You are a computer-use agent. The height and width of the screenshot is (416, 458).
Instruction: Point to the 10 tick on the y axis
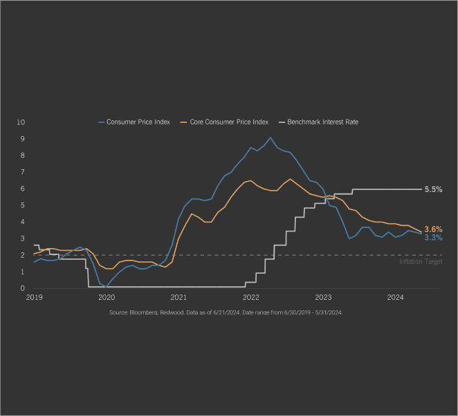click(x=21, y=122)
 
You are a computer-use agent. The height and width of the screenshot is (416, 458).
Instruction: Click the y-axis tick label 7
click(x=22, y=172)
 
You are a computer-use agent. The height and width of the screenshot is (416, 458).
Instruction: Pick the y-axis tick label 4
click(x=22, y=222)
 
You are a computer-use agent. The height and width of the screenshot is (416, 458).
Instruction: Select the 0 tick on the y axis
click(x=22, y=288)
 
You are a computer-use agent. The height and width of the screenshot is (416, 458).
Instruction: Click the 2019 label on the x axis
click(x=34, y=298)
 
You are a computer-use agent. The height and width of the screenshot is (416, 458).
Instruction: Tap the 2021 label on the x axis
click(x=178, y=298)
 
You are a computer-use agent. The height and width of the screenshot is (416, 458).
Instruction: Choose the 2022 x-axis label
click(x=250, y=298)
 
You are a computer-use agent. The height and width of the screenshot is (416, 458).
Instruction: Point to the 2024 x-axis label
click(x=395, y=298)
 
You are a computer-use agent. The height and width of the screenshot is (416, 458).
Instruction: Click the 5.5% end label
click(x=433, y=189)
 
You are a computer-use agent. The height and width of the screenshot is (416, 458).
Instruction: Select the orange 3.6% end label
click(x=433, y=229)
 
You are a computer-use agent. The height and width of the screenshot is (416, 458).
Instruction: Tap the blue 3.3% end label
click(x=433, y=238)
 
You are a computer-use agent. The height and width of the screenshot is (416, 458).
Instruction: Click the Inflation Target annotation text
click(x=421, y=262)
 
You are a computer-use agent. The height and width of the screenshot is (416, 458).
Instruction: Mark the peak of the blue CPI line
click(x=271, y=138)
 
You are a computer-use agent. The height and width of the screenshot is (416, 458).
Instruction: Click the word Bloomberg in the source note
click(x=143, y=313)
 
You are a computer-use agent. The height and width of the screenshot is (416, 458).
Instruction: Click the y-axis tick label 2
click(x=22, y=255)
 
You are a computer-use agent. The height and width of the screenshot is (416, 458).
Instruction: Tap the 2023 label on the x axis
click(x=323, y=298)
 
